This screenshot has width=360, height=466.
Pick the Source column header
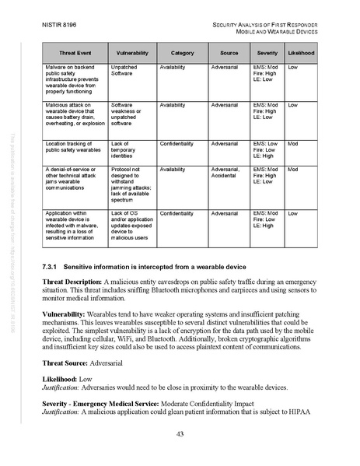[229, 51]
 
